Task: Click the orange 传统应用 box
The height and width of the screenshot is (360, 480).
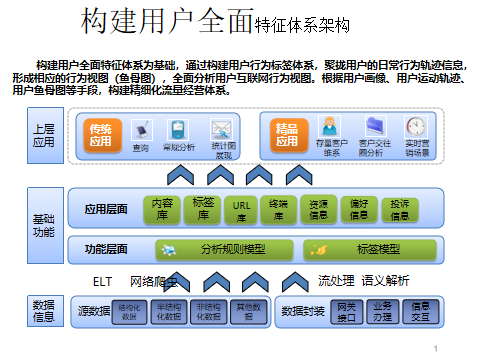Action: (101, 135)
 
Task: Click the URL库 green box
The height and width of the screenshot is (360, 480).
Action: (240, 208)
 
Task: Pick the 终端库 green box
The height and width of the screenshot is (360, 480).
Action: (279, 208)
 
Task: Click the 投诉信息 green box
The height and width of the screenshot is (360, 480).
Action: (398, 208)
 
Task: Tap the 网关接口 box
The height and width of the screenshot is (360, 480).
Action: (346, 311)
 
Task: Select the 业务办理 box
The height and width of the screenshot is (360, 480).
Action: (383, 311)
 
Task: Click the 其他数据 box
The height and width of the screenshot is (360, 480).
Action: (244, 311)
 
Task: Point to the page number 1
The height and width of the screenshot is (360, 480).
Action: (438, 349)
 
